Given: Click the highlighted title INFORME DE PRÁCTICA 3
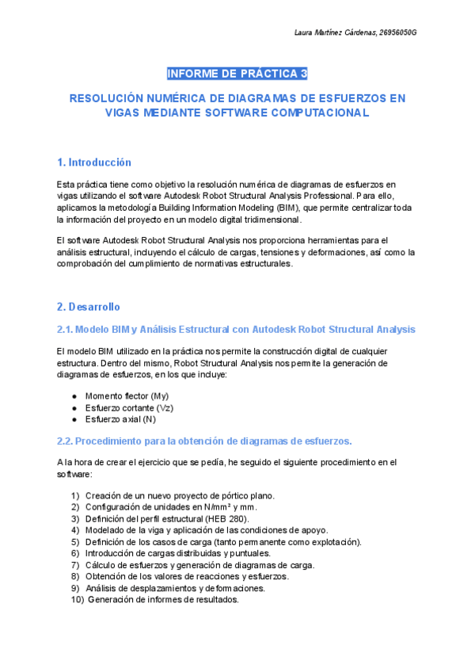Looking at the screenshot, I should coord(237,74).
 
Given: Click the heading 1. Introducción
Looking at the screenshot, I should coord(94,162).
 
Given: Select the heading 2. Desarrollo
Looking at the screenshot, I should coord(89,306).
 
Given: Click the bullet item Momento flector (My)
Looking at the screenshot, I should coord(127,395).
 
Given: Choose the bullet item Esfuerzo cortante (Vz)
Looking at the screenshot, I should coord(129,407).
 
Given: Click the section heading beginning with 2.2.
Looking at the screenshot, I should coord(204,441).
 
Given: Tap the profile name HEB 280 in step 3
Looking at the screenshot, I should coord(227,518).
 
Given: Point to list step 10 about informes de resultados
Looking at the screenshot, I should coord(163,600).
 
